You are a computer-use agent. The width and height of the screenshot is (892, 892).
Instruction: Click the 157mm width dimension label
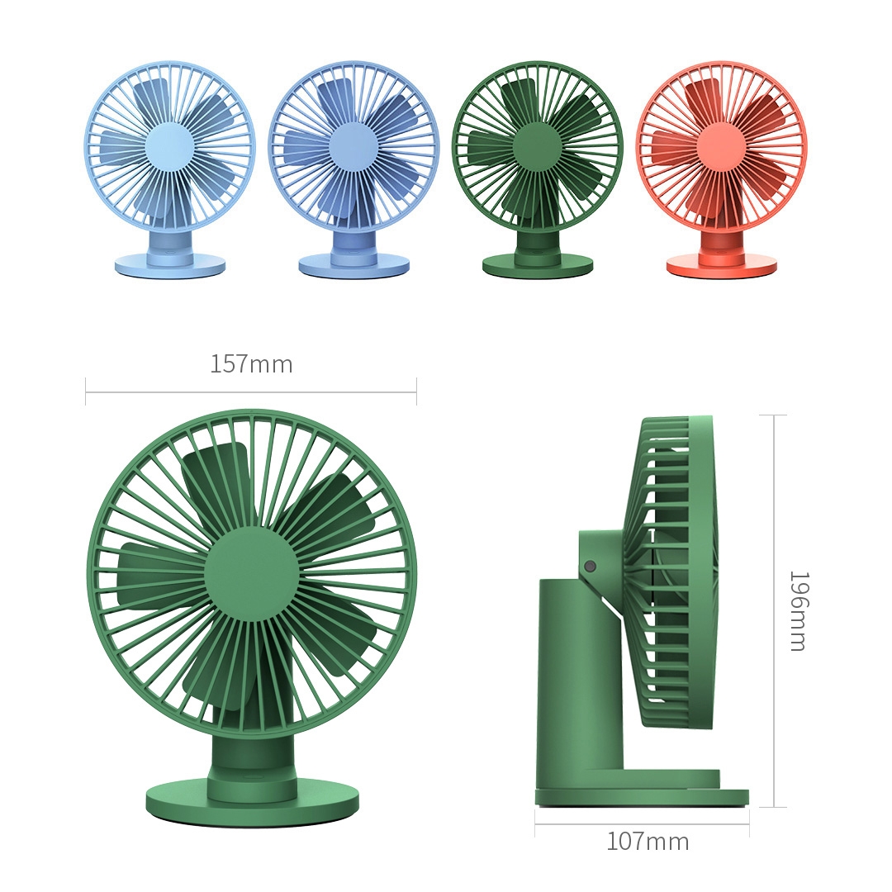[x=251, y=364]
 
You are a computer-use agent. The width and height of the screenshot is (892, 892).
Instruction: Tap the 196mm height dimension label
[x=798, y=611]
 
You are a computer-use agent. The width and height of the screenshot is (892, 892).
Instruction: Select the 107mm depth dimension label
[x=648, y=842]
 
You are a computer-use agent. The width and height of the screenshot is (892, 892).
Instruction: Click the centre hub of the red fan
[x=721, y=146]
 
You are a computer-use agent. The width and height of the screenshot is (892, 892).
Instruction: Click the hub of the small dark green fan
[x=537, y=146]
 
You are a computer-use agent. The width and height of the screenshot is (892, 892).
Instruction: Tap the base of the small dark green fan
[x=538, y=266]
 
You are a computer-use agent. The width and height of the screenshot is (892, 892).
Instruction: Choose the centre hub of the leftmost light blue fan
[x=169, y=146]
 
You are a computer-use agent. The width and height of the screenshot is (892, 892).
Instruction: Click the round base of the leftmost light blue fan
[x=169, y=266]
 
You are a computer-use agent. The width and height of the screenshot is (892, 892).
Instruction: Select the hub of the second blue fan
[x=353, y=146]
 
